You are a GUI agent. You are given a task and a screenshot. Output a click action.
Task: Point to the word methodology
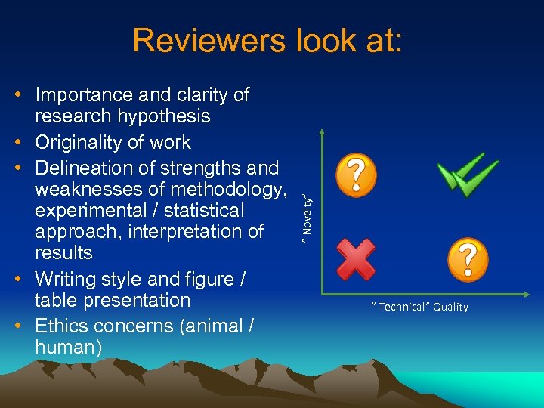tap(224, 188)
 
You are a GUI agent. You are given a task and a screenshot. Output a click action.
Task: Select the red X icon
tap(355, 258)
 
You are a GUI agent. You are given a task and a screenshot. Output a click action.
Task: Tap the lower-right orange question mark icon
tap(468, 259)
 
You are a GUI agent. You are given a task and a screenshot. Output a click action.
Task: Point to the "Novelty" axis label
tap(307, 214)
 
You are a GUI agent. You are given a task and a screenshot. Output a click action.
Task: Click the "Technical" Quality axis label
tap(419, 307)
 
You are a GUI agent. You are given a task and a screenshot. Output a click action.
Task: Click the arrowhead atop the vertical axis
tap(322, 133)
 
